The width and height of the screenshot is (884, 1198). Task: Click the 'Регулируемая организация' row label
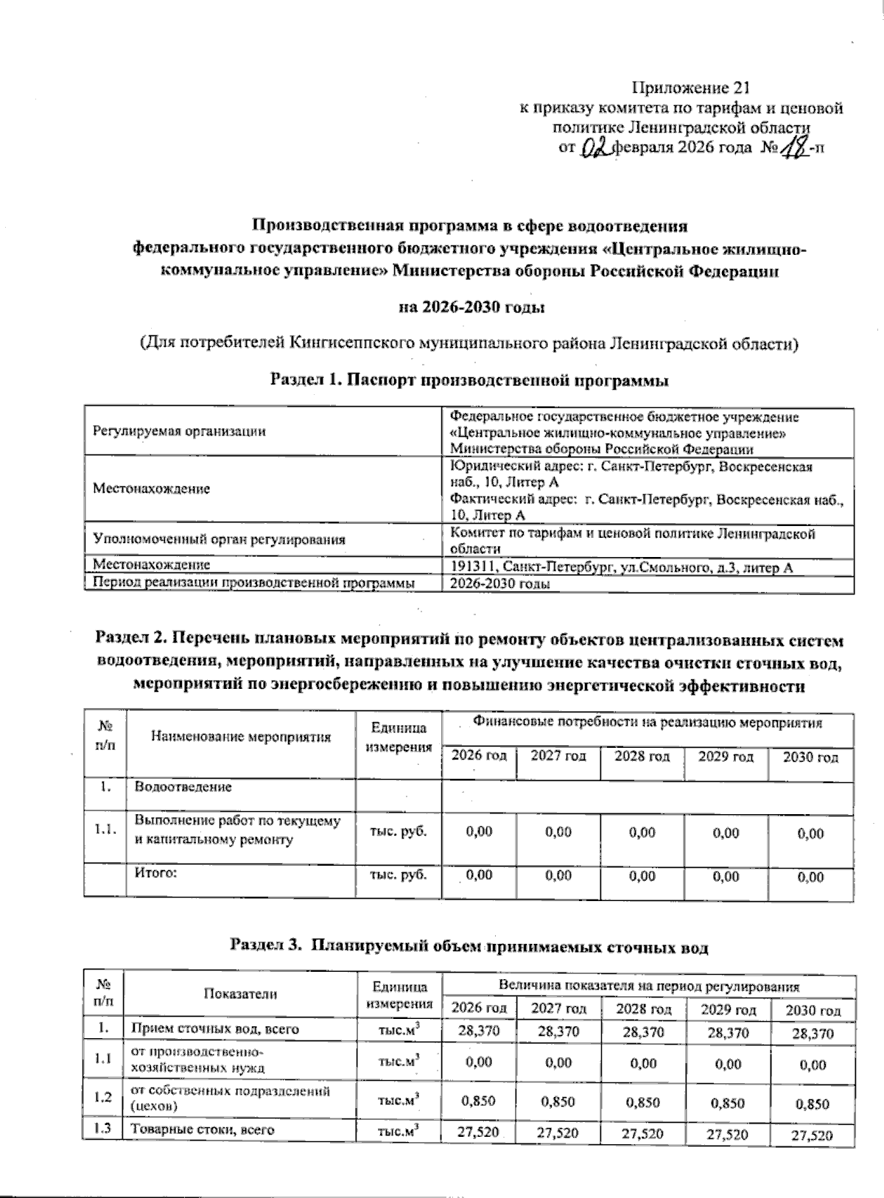pos(179,432)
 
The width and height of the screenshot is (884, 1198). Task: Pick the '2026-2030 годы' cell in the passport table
pos(501,584)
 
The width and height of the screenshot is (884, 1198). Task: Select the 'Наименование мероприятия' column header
pos(241,736)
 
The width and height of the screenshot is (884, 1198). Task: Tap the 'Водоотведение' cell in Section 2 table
pos(183,787)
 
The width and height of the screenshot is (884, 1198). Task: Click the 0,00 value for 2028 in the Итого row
pos(642,876)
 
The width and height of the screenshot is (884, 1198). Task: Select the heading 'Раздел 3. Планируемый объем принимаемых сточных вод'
pos(470,946)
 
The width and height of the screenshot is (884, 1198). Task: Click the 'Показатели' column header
pos(241,993)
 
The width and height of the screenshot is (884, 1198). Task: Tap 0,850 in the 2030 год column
pos(811,1104)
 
